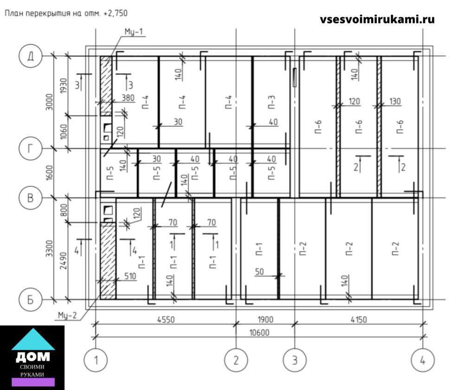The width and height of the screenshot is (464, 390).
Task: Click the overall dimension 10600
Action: point(259,332)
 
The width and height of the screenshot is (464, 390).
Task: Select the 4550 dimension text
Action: point(166,319)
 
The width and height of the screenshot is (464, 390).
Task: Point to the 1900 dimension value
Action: point(265,319)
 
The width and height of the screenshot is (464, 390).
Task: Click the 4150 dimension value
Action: point(359,319)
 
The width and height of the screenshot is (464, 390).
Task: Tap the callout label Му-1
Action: point(134,32)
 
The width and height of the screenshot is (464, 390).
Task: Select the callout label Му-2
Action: point(67,315)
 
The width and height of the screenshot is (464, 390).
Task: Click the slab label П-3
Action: point(271,102)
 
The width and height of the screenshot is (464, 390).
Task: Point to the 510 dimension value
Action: point(130,276)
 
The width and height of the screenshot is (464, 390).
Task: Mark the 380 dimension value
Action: point(128,97)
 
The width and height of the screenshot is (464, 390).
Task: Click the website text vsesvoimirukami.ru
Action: point(377,19)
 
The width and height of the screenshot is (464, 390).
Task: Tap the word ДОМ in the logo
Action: point(33,357)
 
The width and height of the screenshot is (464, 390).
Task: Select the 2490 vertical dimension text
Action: point(64,260)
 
